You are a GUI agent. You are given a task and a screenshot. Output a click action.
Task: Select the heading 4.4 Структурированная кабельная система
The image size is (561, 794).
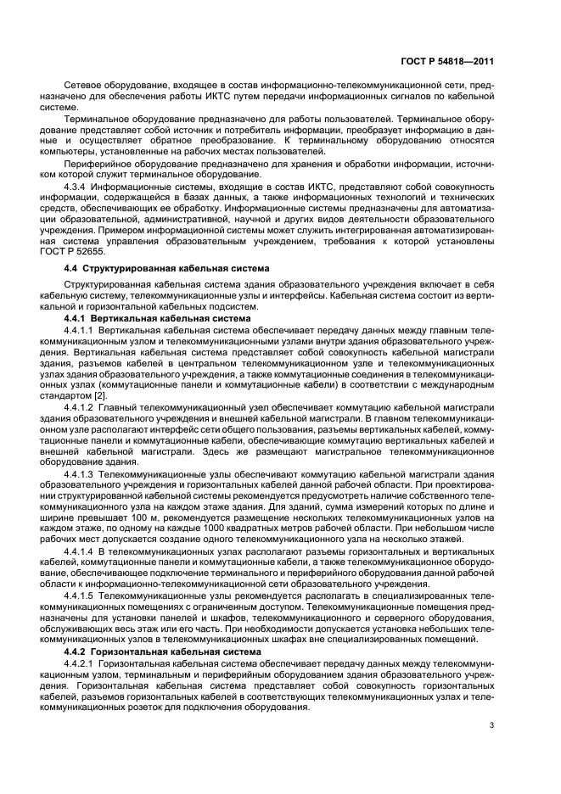[x=167, y=268]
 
